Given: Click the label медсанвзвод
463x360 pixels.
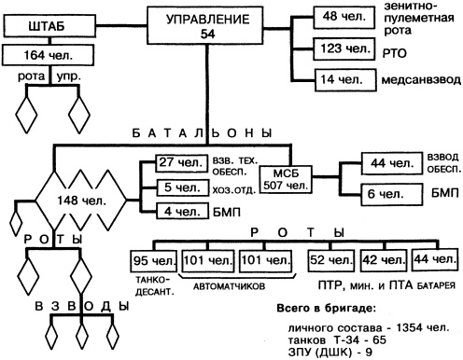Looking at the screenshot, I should (x=419, y=81).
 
